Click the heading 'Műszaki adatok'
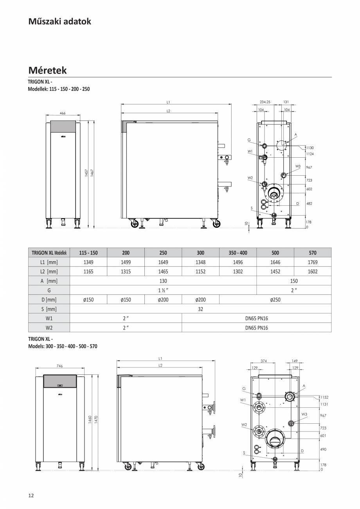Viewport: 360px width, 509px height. point(59,22)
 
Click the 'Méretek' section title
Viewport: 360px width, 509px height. point(47,70)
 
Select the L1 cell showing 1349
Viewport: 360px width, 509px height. point(88,262)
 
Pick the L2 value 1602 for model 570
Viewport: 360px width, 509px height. point(312,272)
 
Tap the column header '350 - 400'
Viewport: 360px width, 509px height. point(238,253)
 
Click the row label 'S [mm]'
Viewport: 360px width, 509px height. point(49,309)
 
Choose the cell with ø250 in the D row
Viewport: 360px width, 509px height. point(275,300)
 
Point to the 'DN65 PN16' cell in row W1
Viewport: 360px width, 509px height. point(256,318)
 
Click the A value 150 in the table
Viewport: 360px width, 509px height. point(294,281)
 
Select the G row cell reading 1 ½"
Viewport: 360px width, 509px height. point(163,290)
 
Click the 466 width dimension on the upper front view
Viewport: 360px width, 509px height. point(63,113)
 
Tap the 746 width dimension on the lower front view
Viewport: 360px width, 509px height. point(60,366)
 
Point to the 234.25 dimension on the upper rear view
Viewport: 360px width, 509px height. point(265,102)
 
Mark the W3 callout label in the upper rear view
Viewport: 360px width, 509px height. point(298,166)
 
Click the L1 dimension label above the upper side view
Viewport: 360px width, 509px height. point(168,102)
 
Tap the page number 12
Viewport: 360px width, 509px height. point(31,496)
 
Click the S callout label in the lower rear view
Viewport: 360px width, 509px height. point(244,453)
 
